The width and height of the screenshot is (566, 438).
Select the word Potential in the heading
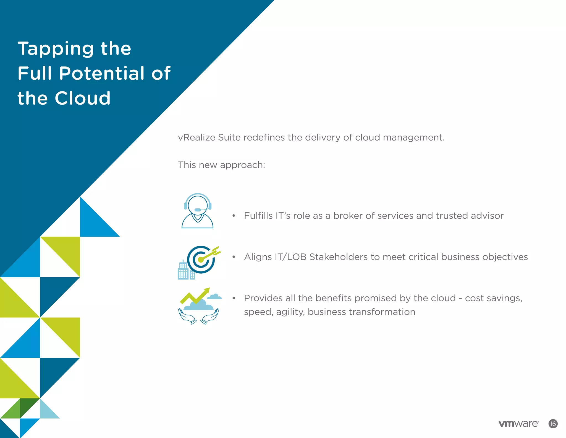[101, 73]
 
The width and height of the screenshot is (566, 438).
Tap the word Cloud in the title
[83, 98]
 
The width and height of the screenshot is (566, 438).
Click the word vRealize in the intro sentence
[196, 138]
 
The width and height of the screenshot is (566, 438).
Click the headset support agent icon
[197, 211]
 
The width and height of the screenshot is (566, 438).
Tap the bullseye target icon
[201, 260]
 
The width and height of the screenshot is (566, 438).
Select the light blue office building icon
[184, 271]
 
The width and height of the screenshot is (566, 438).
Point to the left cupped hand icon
[186, 316]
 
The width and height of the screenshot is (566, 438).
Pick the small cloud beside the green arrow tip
[214, 297]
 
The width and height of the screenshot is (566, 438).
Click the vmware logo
[518, 424]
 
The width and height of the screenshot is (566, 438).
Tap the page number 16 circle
[553, 424]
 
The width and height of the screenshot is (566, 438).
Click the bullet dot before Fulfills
[234, 216]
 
